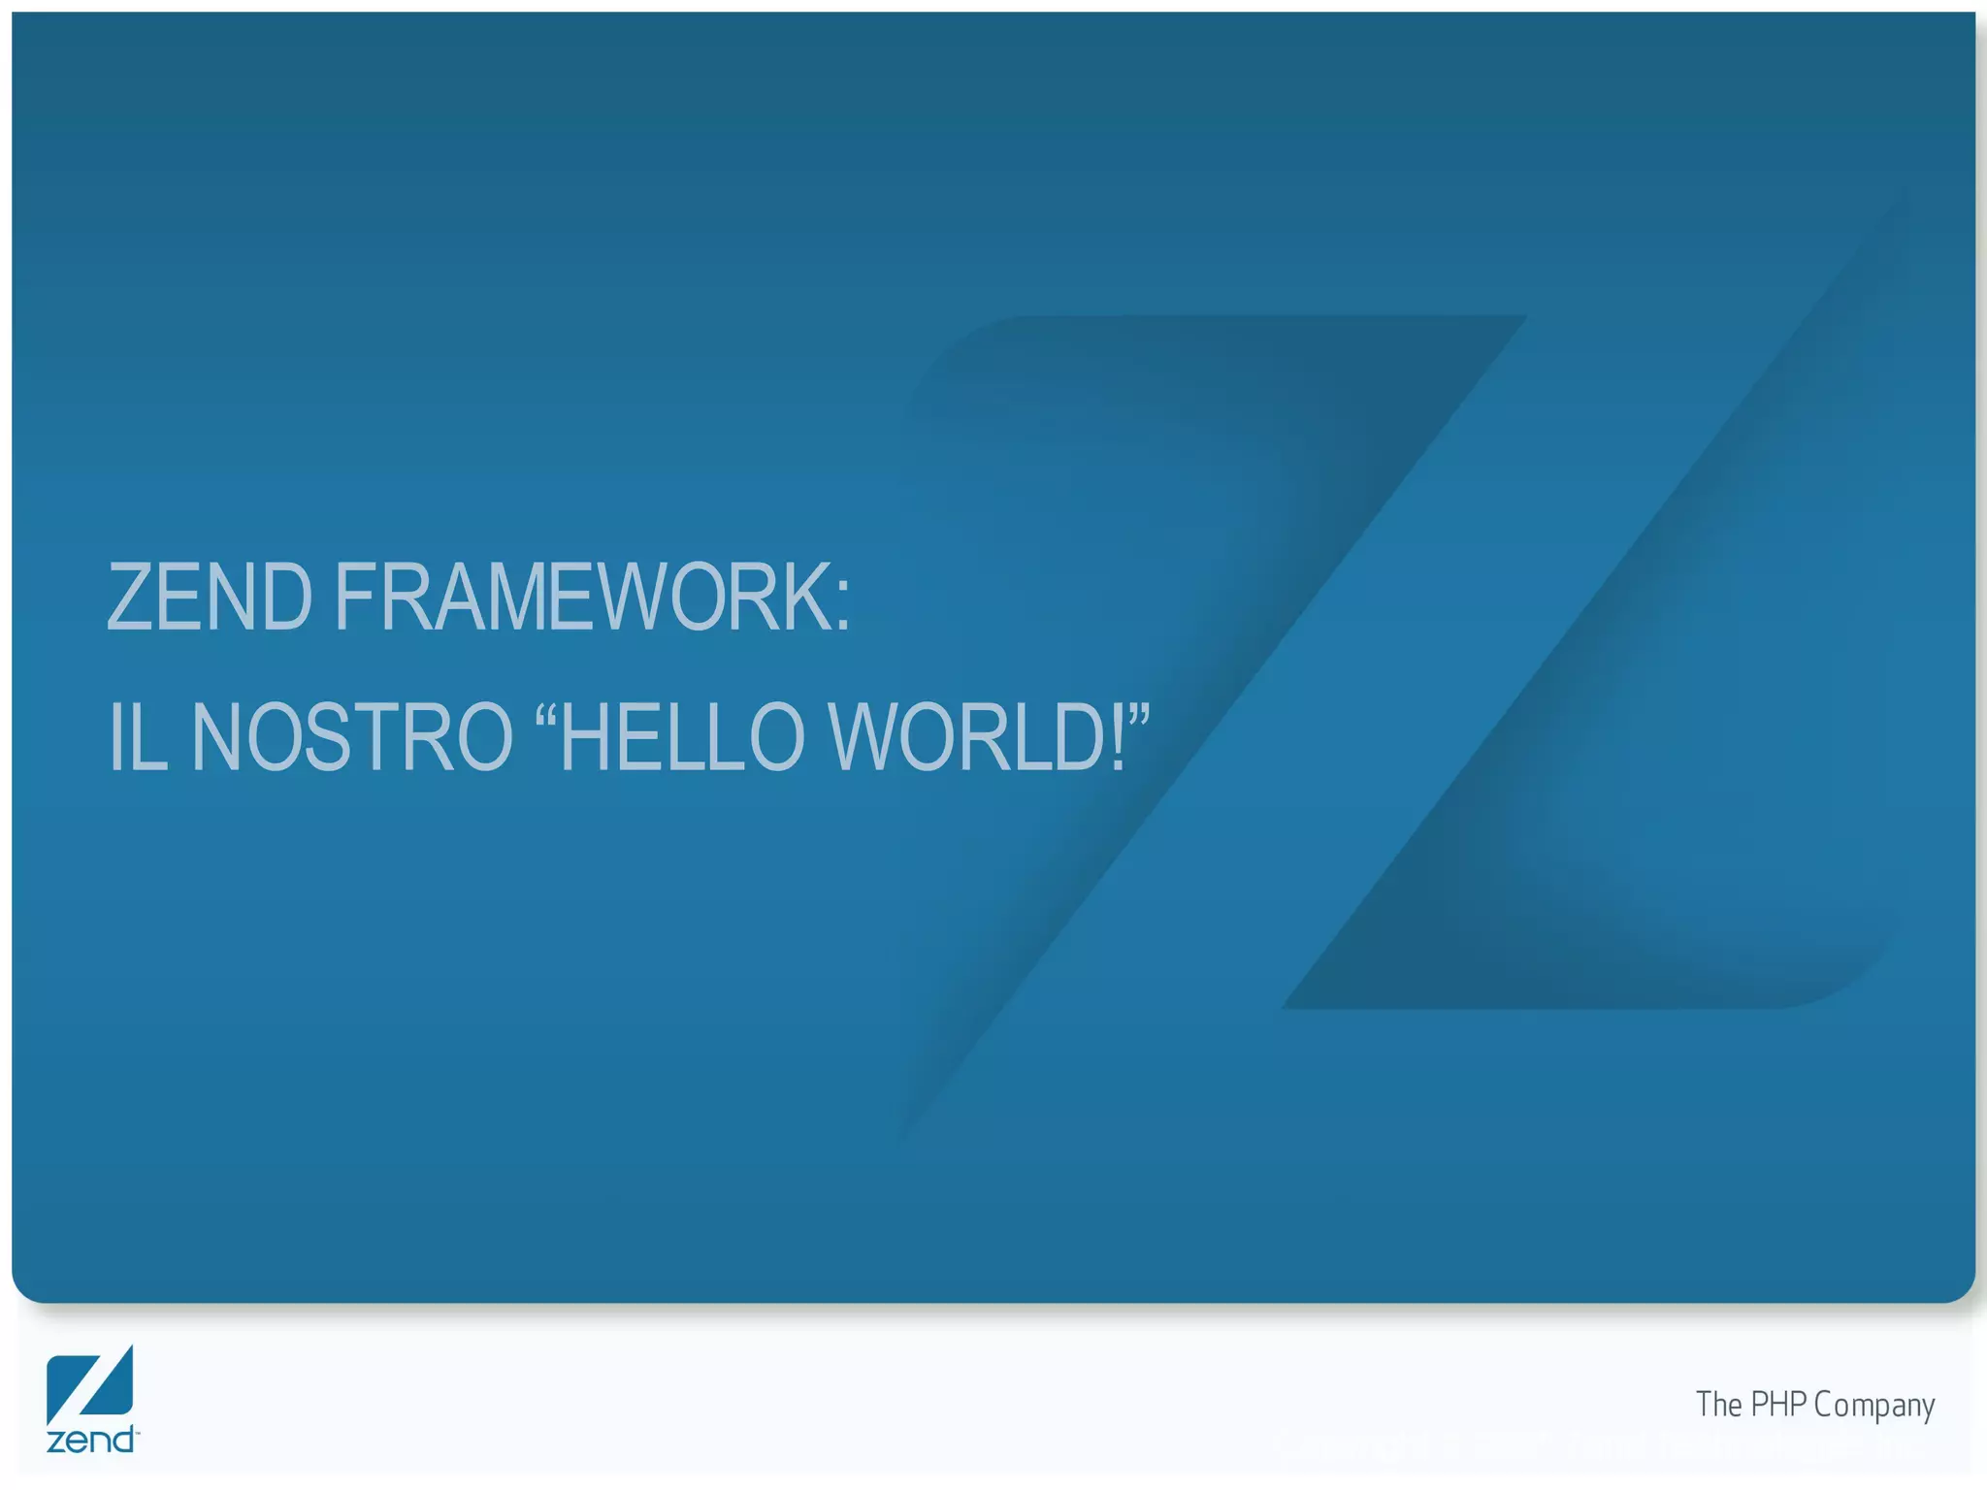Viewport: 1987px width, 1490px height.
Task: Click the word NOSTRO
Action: click(x=351, y=738)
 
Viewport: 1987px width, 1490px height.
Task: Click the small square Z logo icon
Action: click(x=89, y=1383)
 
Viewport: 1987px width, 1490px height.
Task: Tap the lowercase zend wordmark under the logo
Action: click(x=91, y=1440)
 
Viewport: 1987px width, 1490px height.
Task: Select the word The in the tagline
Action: click(x=1719, y=1404)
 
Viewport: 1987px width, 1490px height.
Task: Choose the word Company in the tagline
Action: click(x=1874, y=1406)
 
